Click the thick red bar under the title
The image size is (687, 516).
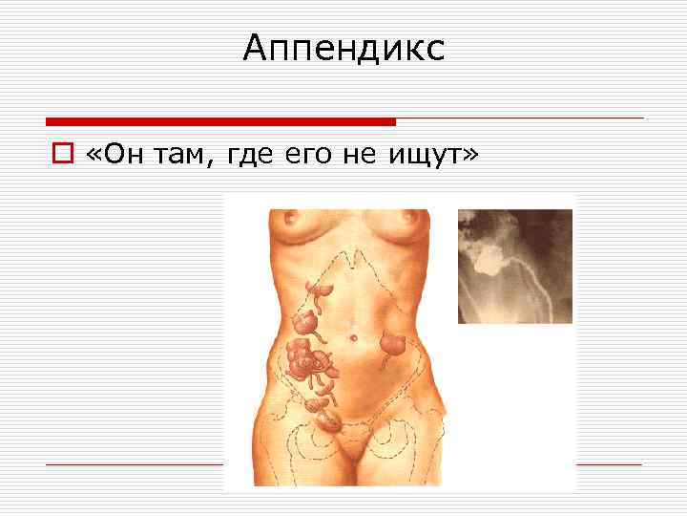pos(220,121)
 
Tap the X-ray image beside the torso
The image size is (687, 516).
pos(515,266)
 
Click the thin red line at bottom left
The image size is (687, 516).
pos(134,463)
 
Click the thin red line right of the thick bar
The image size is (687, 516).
pos(520,118)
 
